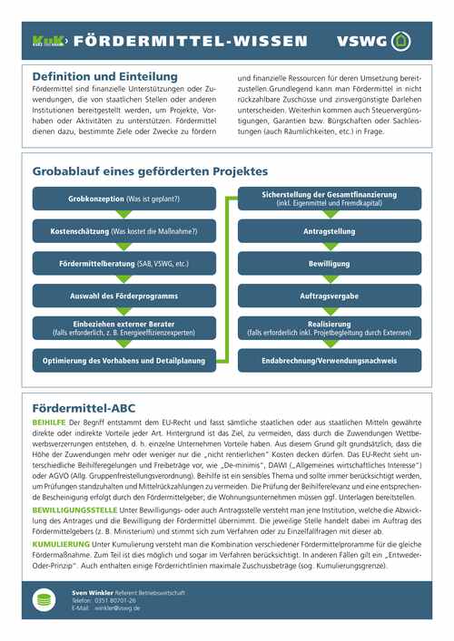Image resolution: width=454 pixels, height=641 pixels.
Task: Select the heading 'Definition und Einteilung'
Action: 104,77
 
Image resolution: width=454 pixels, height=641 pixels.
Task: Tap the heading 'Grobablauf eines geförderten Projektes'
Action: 150,170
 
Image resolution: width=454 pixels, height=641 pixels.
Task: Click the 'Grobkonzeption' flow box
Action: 124,199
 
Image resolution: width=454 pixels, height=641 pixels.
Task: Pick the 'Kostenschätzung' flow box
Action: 124,231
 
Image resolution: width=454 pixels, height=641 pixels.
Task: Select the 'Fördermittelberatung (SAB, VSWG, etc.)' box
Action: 124,264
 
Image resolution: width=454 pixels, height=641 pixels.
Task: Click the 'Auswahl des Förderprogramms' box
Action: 124,296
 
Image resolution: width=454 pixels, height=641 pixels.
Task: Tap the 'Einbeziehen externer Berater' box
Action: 124,328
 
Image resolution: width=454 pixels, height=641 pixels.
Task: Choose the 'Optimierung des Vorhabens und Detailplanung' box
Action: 124,361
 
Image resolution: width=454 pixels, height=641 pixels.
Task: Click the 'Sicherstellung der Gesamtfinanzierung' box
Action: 329,199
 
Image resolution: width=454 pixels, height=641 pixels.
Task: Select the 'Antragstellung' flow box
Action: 329,231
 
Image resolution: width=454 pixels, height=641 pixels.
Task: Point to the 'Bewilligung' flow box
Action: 329,264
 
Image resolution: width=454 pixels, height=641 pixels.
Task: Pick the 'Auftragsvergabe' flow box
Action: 329,296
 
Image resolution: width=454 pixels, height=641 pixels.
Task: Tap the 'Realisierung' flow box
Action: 329,328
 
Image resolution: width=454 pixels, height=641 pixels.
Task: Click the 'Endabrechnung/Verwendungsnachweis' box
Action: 329,361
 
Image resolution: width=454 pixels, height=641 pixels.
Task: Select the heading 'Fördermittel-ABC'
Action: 84,407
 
